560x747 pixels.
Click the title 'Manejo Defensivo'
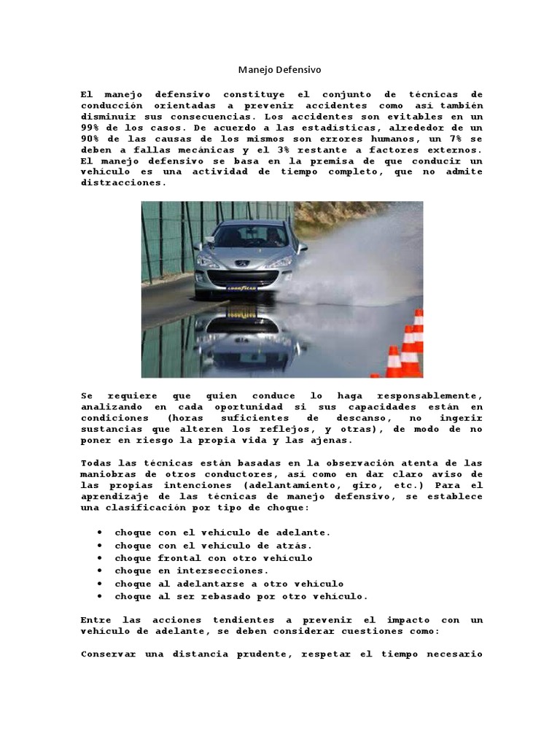(279, 70)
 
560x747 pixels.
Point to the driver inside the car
(272, 234)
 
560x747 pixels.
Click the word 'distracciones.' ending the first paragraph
(123, 182)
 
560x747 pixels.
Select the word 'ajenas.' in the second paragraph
(331, 440)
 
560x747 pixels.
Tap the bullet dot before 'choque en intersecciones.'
(98, 571)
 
